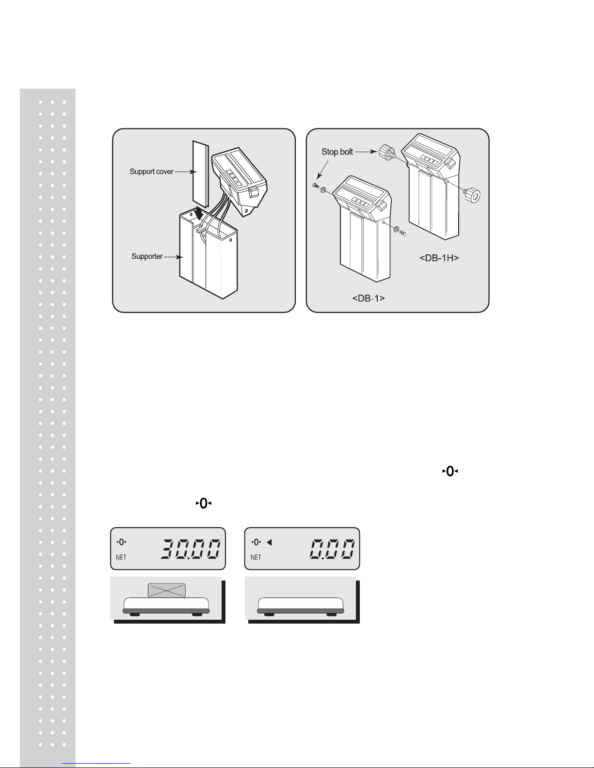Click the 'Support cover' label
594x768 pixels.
(151, 172)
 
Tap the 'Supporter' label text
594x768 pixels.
(147, 256)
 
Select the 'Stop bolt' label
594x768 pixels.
(337, 152)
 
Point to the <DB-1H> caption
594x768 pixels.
(439, 258)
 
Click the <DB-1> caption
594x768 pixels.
(369, 298)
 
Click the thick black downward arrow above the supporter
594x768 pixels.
(199, 214)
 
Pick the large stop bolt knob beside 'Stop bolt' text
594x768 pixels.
(386, 152)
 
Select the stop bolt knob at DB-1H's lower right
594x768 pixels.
(472, 195)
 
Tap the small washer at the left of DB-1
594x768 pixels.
(323, 191)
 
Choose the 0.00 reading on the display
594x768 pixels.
(332, 549)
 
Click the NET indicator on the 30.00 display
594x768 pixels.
(121, 557)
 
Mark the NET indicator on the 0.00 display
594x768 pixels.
(256, 557)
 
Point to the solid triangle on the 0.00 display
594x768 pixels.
(270, 542)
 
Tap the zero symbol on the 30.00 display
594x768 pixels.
(121, 542)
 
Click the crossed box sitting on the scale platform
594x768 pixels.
(166, 590)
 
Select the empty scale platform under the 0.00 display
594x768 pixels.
(301, 606)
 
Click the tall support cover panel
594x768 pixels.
(200, 174)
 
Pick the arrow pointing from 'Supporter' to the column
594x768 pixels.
(174, 257)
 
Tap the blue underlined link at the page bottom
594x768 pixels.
(96, 763)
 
